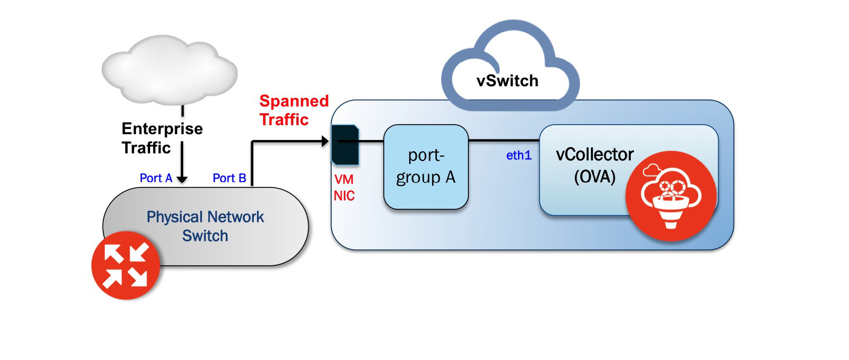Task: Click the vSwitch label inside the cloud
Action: (507, 81)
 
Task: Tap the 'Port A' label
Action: (156, 178)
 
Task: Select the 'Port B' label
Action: (229, 178)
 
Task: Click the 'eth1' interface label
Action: (518, 156)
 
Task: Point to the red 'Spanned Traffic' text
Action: (293, 110)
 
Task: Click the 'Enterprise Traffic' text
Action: (162, 138)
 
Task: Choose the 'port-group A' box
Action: (426, 167)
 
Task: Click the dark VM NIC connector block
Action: (345, 144)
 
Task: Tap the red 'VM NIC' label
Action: (344, 187)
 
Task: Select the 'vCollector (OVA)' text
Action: (595, 165)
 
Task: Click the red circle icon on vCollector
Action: (671, 196)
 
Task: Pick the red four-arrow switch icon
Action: (126, 265)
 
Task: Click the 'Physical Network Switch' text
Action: (205, 226)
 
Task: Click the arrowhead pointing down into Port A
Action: (182, 179)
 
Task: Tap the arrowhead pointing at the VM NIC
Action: (325, 141)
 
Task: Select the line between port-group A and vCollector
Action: (504, 141)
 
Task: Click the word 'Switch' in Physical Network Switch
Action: (205, 235)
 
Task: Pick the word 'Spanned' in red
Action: (294, 101)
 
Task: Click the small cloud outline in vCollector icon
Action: (652, 170)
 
